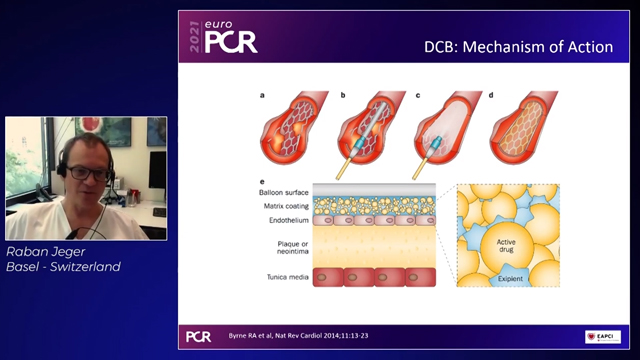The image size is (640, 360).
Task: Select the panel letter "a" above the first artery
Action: [x=262, y=96]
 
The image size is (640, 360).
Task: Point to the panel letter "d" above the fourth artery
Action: [x=491, y=96]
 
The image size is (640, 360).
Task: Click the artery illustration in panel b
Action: [x=369, y=134]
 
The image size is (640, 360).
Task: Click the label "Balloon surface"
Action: [x=285, y=190]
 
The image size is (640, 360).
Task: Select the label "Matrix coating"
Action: [x=285, y=205]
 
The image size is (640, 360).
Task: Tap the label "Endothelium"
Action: [x=289, y=220]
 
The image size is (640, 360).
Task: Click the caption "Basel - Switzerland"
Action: [x=64, y=268]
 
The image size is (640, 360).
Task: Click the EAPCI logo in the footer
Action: [x=602, y=336]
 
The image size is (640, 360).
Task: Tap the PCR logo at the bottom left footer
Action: [x=200, y=336]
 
